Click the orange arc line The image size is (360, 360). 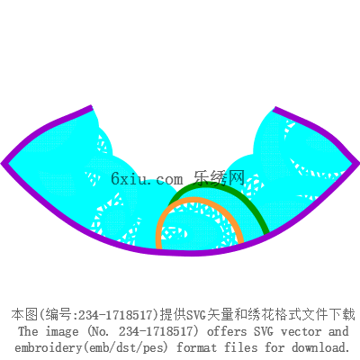point(198,199)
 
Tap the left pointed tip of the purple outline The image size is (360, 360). point(2,164)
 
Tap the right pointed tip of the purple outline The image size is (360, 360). point(358,162)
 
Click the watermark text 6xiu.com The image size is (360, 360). point(147,179)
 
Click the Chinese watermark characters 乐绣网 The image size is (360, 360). point(220,178)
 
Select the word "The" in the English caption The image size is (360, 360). point(28,331)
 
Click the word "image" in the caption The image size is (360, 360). point(62,332)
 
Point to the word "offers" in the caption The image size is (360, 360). point(227,331)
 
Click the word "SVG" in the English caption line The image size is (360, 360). point(264,331)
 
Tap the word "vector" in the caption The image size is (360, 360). point(301,331)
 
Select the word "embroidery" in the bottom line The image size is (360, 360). point(49,347)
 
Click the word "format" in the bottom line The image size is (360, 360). point(196,347)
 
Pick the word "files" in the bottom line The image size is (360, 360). point(241,347)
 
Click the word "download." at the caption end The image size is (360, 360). point(321,347)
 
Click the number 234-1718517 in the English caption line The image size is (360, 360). point(156,331)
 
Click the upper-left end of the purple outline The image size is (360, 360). point(91,108)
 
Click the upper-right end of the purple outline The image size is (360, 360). point(274,109)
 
